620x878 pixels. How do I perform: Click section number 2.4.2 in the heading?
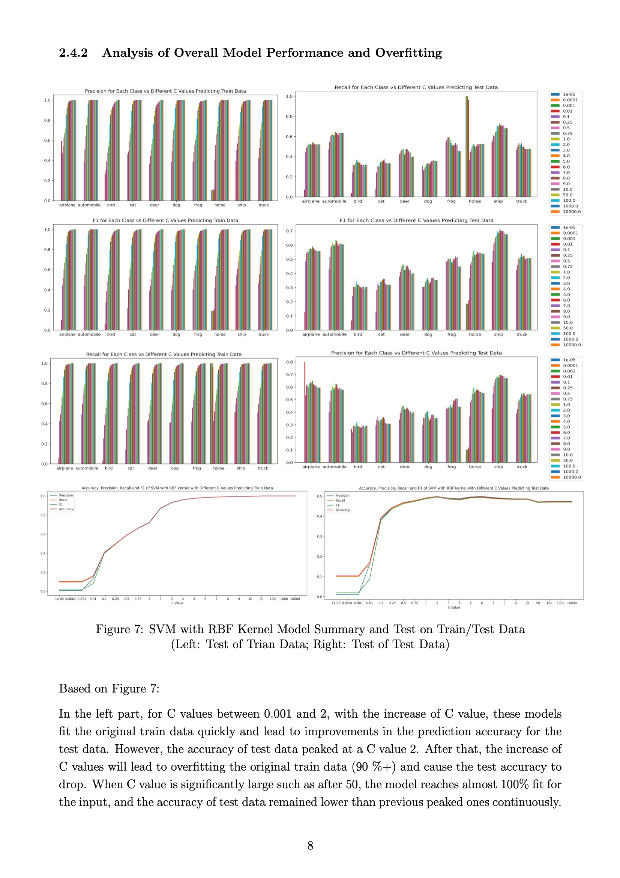(x=74, y=53)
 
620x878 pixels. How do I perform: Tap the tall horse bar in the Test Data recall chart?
(x=467, y=145)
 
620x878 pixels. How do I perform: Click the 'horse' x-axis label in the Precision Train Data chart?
(x=220, y=205)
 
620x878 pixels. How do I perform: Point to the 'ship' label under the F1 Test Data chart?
(x=498, y=334)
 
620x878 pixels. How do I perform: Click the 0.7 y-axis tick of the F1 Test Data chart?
(x=290, y=231)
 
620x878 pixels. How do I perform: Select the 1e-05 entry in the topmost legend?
(x=569, y=94)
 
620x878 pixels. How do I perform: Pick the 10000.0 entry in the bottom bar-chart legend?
(x=572, y=477)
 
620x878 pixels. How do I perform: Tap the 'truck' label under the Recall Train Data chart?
(x=263, y=468)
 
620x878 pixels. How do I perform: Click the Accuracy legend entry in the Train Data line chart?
(x=66, y=509)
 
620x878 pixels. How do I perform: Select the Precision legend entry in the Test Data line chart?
(x=342, y=496)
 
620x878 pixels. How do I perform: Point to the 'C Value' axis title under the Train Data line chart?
(x=177, y=603)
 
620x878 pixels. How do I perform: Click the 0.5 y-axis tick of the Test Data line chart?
(x=320, y=496)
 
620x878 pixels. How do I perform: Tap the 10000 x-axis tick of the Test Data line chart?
(x=572, y=603)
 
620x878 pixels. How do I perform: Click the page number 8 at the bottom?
(x=310, y=845)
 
